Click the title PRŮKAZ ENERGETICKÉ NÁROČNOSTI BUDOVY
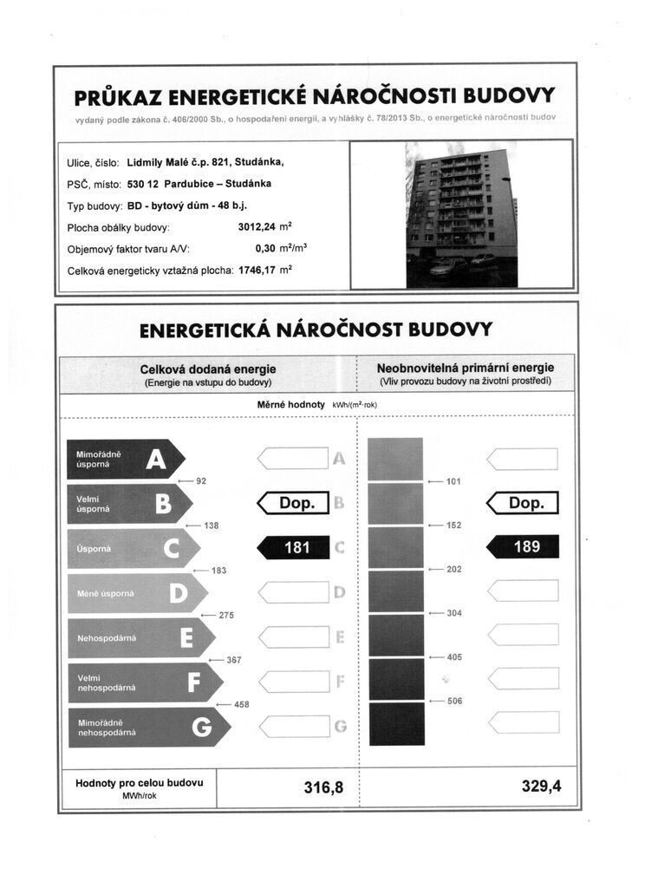point(315,95)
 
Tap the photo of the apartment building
point(461,214)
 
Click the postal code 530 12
point(143,184)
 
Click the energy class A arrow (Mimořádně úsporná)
point(125,460)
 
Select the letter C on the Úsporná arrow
point(171,549)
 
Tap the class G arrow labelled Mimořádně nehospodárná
point(148,728)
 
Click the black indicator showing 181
point(295,548)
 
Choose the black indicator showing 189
point(523,546)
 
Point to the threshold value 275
point(226,615)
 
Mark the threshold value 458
point(241,705)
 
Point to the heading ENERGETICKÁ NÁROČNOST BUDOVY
point(316,330)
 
